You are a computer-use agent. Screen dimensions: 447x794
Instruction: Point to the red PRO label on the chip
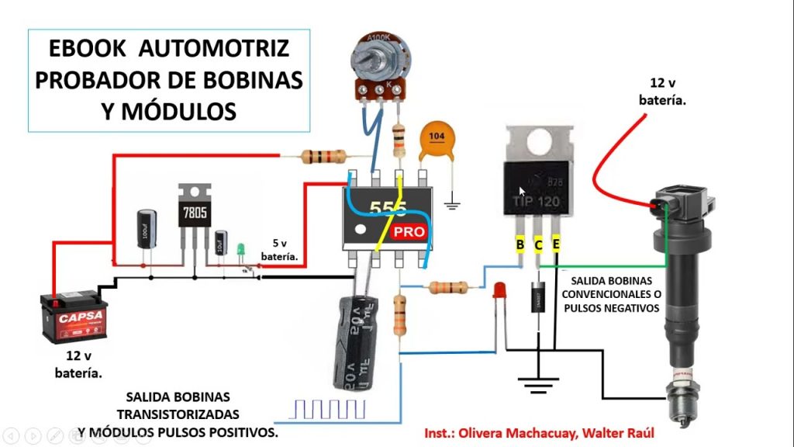point(409,232)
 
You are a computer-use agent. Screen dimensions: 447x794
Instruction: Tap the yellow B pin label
point(520,245)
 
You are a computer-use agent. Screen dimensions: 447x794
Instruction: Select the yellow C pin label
point(538,245)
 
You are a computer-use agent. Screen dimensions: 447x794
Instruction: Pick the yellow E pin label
point(556,245)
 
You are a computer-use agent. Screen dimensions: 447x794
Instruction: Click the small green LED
point(240,250)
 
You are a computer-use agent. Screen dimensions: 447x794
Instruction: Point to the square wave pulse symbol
point(326,409)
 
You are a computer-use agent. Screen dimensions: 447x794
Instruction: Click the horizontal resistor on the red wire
point(323,156)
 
